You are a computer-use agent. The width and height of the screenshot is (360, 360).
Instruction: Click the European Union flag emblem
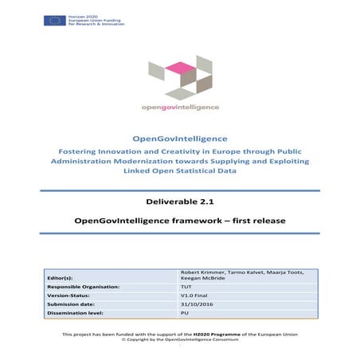[x=55, y=19]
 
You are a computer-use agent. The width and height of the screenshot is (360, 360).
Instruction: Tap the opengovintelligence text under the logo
[x=179, y=106]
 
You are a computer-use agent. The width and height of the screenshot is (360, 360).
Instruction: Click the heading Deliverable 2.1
[x=179, y=203]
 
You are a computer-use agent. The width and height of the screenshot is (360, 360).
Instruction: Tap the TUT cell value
[x=187, y=285]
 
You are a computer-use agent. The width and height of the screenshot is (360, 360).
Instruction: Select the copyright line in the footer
[x=179, y=339]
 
